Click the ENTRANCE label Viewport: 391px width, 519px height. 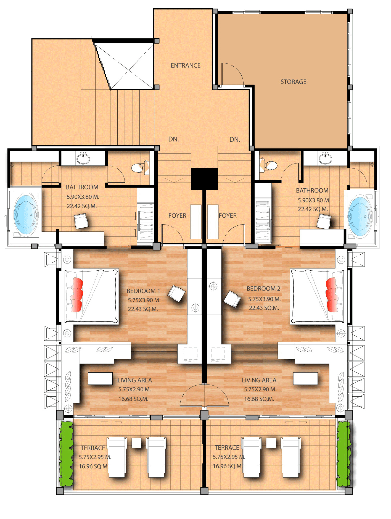pos(185,65)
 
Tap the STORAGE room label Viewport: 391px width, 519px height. pos(293,82)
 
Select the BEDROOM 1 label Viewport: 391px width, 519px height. pos(143,291)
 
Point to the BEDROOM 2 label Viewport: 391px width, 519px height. pos(263,289)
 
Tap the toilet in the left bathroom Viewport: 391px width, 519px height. pos(137,168)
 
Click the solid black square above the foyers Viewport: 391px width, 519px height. pos(204,179)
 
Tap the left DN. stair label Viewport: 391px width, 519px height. pos(173,139)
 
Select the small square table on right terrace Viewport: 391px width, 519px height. pos(271,443)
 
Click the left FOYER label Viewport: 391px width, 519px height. pos(177,216)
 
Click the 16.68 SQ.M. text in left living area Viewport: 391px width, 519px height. pos(133,399)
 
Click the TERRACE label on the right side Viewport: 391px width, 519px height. pos(227,448)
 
